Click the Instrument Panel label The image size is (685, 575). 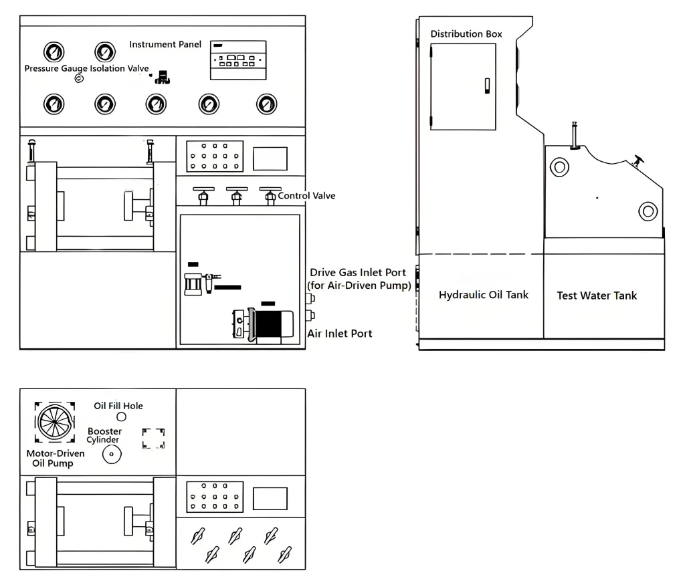165,45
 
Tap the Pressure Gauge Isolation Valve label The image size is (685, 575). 87,68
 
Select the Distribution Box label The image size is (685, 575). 466,34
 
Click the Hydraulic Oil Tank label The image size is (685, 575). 483,295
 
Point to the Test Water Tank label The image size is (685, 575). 597,296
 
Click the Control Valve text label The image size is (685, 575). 306,196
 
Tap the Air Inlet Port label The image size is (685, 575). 339,334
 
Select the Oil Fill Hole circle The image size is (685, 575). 121,417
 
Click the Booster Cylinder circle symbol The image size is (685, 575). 111,455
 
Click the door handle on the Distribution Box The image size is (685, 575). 487,86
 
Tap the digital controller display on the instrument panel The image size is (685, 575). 238,60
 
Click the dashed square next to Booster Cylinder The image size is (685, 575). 153,439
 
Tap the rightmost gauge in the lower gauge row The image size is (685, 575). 266,104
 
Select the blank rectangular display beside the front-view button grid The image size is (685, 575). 270,158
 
